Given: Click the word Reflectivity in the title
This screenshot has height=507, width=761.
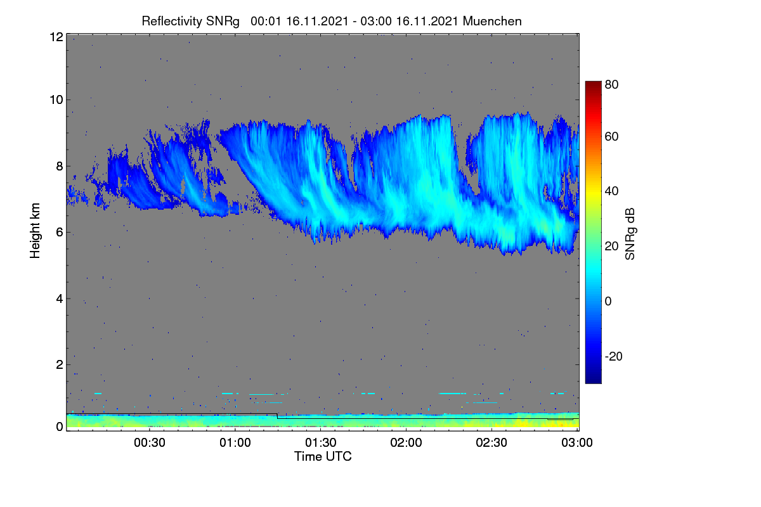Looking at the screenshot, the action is pyautogui.click(x=172, y=22).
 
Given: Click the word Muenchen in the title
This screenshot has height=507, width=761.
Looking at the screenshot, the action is pyautogui.click(x=492, y=22).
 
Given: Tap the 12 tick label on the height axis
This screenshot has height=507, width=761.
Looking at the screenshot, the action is pyautogui.click(x=56, y=37).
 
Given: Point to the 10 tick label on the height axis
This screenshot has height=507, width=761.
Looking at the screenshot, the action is pyautogui.click(x=56, y=100).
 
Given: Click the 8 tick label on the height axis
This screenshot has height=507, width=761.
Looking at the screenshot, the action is pyautogui.click(x=60, y=167).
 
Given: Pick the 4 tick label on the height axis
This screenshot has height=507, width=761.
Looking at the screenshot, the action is pyautogui.click(x=60, y=299).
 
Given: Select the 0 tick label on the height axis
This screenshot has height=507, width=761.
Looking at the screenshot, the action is pyautogui.click(x=60, y=427).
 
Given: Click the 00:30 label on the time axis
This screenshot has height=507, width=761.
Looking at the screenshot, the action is pyautogui.click(x=150, y=442).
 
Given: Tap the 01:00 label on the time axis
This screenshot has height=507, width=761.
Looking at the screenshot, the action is pyautogui.click(x=235, y=442).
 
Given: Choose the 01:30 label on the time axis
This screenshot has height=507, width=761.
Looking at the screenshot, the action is pyautogui.click(x=321, y=442).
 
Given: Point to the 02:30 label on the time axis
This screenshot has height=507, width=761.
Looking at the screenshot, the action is pyautogui.click(x=491, y=442).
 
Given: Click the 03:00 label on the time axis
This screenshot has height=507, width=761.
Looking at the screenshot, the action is pyautogui.click(x=577, y=442).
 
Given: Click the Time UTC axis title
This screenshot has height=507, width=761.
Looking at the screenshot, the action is pyautogui.click(x=323, y=456).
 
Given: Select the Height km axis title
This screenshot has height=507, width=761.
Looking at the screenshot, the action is pyautogui.click(x=35, y=231).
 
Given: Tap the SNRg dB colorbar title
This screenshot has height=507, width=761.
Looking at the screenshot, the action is pyautogui.click(x=630, y=234).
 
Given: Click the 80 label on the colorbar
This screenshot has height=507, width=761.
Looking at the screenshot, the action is pyautogui.click(x=611, y=84).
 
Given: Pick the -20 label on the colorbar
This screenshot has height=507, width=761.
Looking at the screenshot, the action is pyautogui.click(x=614, y=356).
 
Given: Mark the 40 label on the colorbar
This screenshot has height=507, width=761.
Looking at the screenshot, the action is pyautogui.click(x=611, y=191).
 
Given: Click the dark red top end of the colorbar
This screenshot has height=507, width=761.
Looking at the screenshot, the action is pyautogui.click(x=593, y=83).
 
